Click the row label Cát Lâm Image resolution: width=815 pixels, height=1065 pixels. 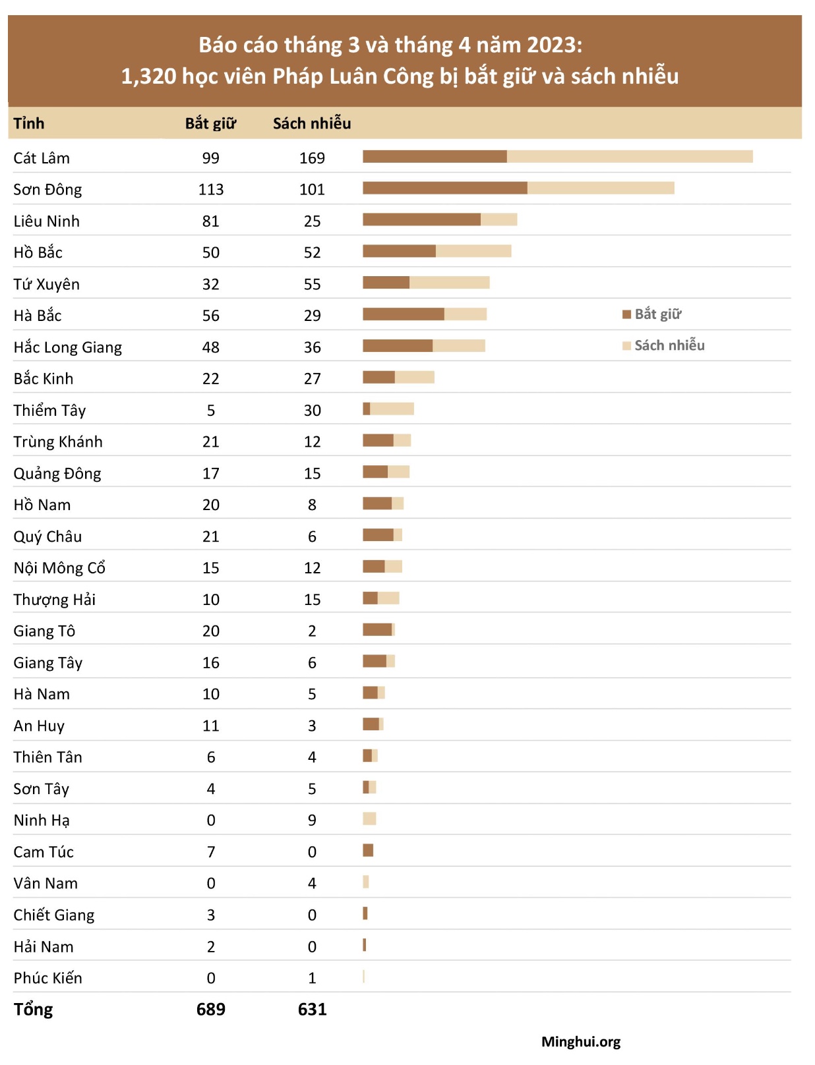(x=42, y=158)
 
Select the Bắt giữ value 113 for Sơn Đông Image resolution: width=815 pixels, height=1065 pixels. (x=211, y=190)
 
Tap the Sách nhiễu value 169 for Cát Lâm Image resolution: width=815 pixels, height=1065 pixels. (x=312, y=158)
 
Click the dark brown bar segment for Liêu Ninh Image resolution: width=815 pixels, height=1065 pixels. (x=421, y=219)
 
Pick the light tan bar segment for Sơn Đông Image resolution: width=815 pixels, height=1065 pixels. (x=601, y=188)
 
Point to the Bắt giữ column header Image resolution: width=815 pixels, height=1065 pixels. (x=210, y=123)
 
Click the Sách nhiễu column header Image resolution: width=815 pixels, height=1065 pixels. (x=312, y=123)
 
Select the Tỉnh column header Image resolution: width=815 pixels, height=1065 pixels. (x=29, y=123)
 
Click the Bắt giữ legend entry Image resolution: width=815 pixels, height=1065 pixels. (x=652, y=314)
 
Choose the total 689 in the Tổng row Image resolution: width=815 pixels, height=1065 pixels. (x=211, y=1009)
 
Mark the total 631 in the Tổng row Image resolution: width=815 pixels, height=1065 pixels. (x=312, y=1009)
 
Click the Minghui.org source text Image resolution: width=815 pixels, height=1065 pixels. (x=581, y=1042)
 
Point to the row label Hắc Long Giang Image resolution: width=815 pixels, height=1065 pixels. (x=68, y=347)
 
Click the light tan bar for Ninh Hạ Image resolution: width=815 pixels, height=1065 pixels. (x=369, y=819)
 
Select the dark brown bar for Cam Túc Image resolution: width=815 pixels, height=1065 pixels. (x=368, y=850)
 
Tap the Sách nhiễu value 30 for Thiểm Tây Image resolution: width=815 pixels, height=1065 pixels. (x=312, y=411)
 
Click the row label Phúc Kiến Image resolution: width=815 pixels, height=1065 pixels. (x=48, y=978)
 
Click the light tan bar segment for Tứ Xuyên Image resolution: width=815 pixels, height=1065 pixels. (x=449, y=283)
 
